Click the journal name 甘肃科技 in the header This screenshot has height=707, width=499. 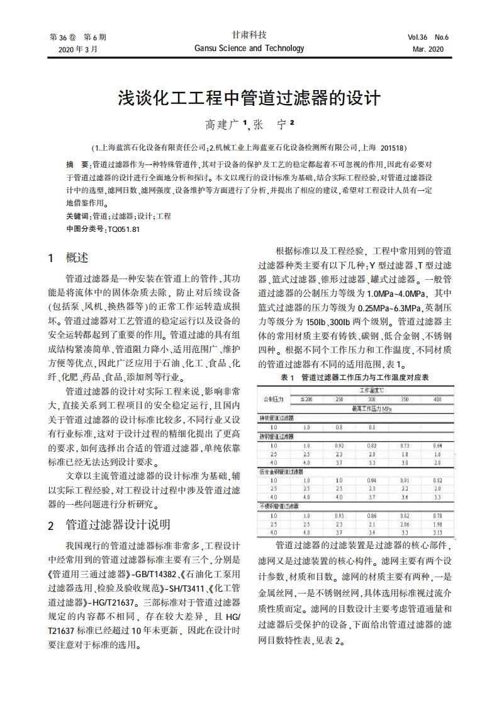click(x=249, y=35)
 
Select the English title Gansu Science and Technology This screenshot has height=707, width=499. click(x=249, y=49)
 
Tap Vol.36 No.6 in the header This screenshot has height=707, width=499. click(x=428, y=37)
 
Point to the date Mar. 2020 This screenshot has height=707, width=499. click(x=428, y=49)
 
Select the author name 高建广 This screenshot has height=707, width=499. click(x=224, y=124)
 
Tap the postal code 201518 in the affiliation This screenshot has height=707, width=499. click(x=393, y=148)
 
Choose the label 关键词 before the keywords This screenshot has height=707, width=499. click(x=77, y=216)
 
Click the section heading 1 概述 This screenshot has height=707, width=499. click(x=69, y=257)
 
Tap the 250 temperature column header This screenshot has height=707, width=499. click(x=339, y=399)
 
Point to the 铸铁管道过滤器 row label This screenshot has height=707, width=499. click(x=278, y=418)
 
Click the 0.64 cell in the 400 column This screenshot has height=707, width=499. click(x=437, y=445)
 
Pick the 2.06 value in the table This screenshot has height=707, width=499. click(x=405, y=524)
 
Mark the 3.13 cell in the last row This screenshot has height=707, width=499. click(x=437, y=532)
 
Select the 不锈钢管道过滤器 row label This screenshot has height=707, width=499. click(x=279, y=506)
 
